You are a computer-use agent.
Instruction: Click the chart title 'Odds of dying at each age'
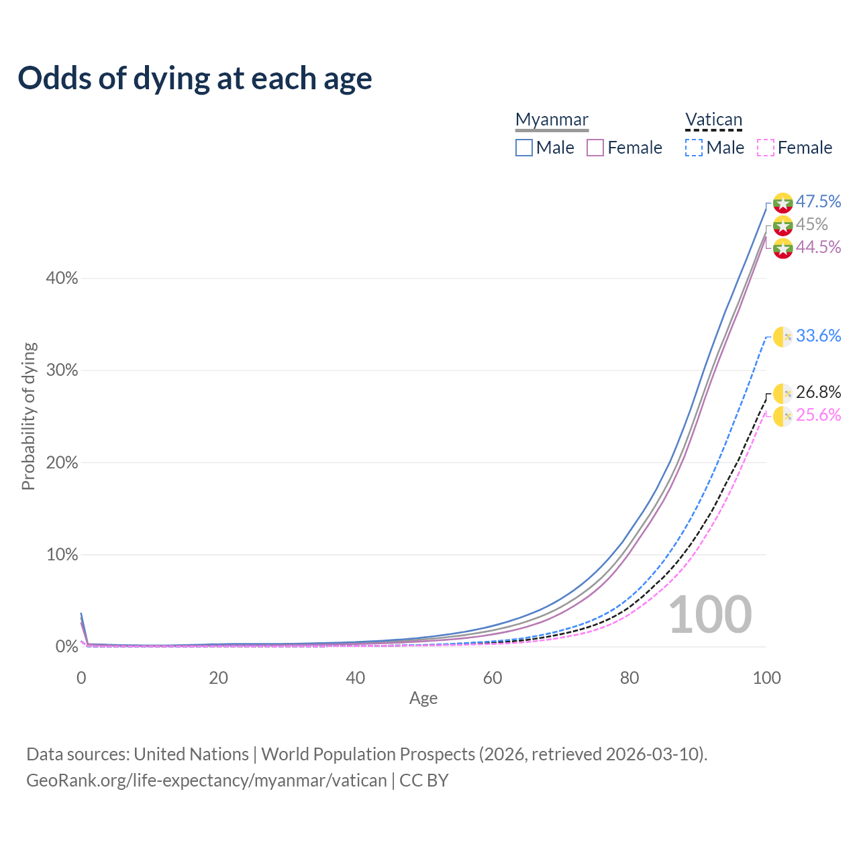tap(195, 79)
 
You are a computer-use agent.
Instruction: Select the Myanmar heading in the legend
tap(552, 120)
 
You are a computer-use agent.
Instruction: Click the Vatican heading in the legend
tap(713, 120)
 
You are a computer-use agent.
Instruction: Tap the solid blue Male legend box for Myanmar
tap(524, 148)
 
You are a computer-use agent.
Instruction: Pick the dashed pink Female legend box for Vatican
tap(766, 148)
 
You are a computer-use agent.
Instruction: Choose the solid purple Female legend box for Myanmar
tap(595, 148)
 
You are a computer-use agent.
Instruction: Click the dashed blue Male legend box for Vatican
tap(694, 148)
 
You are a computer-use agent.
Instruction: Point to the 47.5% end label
tap(818, 201)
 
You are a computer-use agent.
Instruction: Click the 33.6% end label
tap(818, 336)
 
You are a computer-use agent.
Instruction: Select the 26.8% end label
tap(818, 392)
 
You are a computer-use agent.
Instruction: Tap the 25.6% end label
tap(818, 415)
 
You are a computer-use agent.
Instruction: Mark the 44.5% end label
tap(818, 247)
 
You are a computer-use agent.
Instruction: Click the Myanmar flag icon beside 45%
tap(783, 225)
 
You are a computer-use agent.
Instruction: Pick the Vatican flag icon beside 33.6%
tap(783, 336)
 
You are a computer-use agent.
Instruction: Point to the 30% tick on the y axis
tap(62, 370)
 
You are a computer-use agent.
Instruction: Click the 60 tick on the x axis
tap(493, 678)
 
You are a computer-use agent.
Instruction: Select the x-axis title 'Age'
tap(423, 699)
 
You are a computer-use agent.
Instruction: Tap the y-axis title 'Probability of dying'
tap(28, 416)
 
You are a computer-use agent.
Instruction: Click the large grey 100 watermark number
tap(710, 615)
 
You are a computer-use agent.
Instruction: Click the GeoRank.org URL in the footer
tap(207, 780)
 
